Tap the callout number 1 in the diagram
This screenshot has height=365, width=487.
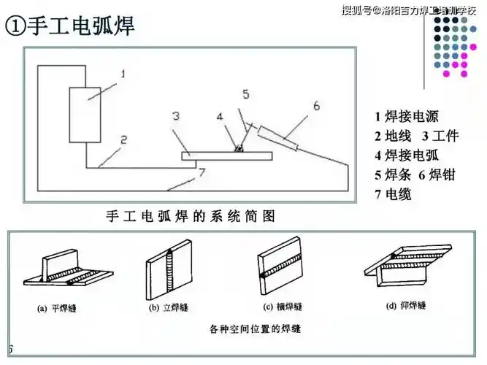[x=123, y=74]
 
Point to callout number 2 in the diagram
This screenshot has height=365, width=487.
[x=123, y=138]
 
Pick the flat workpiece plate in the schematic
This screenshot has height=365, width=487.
[x=226, y=155]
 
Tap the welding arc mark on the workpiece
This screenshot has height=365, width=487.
[x=238, y=148]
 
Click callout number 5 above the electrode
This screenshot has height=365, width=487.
[x=246, y=94]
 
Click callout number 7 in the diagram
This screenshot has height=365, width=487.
[x=202, y=172]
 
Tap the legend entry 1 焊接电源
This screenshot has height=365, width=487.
[x=406, y=116]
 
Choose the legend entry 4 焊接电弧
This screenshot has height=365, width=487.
[x=406, y=155]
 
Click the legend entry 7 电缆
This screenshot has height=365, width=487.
[x=393, y=195]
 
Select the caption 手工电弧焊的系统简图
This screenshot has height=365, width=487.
[x=191, y=216]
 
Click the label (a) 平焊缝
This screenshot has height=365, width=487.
[x=57, y=308]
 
